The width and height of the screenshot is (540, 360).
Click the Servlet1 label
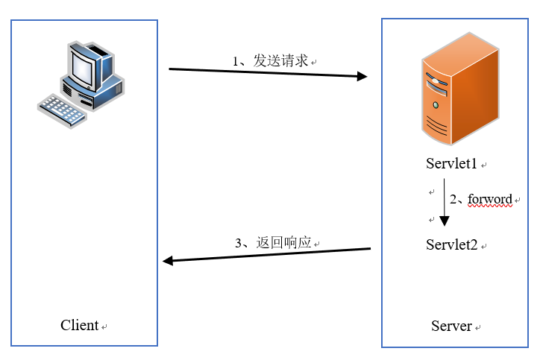pos(452,164)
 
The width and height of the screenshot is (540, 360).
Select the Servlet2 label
pos(452,244)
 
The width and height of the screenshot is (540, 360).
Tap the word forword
pos(490,199)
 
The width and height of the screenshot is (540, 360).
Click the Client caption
pos(80,325)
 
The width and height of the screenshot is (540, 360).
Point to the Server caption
pos(451,326)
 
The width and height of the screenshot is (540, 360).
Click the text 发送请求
pos(280,61)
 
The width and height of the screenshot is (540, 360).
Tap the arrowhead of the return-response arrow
pos(169,261)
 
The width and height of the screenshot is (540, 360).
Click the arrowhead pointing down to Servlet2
pos(445,221)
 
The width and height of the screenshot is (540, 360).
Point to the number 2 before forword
pos(453,200)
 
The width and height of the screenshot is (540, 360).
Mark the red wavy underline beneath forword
pos(490,207)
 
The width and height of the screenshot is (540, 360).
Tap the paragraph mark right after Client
pos(104,327)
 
